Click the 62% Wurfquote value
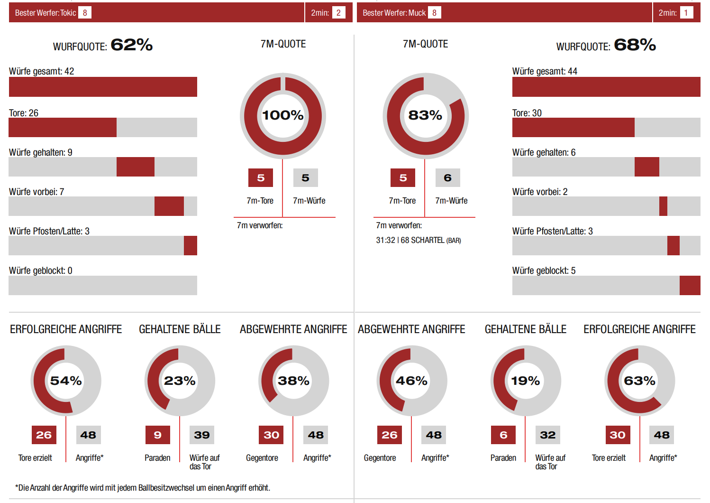tap(131, 45)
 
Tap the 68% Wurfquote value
tap(635, 45)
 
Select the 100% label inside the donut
tap(283, 115)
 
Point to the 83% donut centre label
tap(425, 115)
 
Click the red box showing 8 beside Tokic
tap(85, 13)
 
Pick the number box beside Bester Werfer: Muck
tap(434, 13)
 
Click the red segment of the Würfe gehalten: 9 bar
tap(136, 167)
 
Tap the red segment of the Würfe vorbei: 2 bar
tap(663, 206)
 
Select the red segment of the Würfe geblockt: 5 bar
tap(690, 286)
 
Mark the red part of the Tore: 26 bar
tap(63, 128)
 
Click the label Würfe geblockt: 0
tap(41, 270)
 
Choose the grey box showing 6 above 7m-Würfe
tap(447, 178)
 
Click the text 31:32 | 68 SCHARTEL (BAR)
tap(418, 240)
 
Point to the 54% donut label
tap(66, 381)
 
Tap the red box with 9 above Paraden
tap(158, 435)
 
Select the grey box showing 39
tap(202, 435)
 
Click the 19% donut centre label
tap(525, 381)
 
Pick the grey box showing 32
tap(547, 435)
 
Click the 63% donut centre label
tap(639, 381)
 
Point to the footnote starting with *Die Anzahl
tap(142, 488)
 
